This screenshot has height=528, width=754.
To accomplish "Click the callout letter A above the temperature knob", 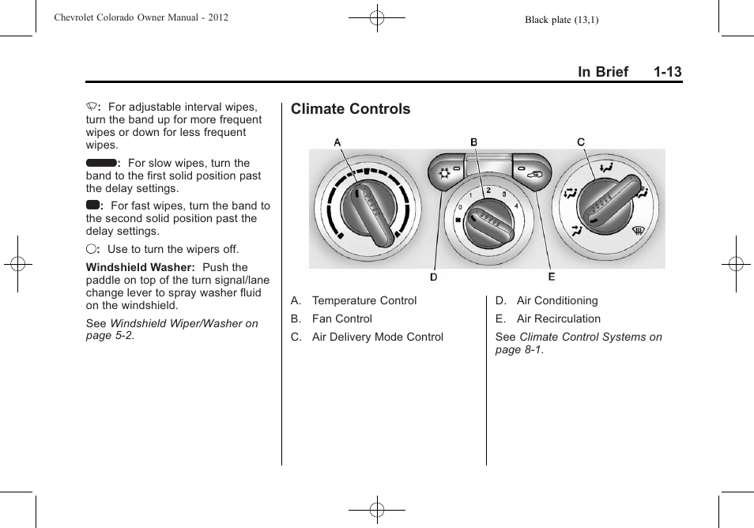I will tap(337, 143).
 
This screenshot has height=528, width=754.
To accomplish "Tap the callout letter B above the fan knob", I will tap(474, 142).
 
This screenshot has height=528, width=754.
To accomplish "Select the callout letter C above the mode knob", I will tap(581, 142).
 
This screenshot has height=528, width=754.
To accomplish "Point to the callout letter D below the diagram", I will tap(434, 277).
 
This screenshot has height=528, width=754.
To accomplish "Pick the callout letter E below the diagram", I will tap(552, 277).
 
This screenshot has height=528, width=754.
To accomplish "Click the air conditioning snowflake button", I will tap(445, 173).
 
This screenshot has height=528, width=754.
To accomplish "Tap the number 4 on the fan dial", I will tap(516, 206).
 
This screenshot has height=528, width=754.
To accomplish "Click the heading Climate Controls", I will tap(350, 109).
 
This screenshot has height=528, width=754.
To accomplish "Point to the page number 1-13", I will tap(667, 72).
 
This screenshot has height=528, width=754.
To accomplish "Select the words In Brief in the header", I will tap(602, 72).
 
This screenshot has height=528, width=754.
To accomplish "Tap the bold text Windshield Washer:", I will tap(140, 267).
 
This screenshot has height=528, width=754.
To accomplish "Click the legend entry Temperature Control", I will tap(364, 300).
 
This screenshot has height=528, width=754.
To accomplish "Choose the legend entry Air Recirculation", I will tap(558, 319).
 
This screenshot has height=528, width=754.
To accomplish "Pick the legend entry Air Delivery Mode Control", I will tap(377, 337).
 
